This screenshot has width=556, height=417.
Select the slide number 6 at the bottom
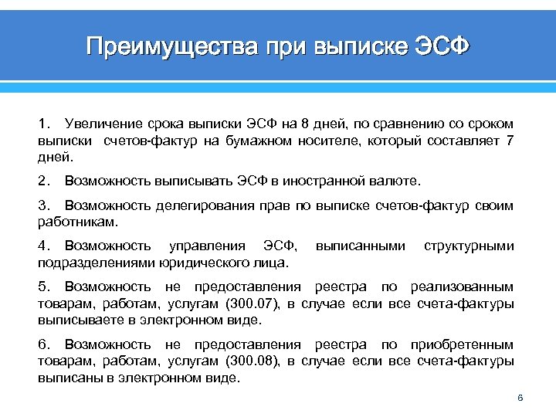point(520,398)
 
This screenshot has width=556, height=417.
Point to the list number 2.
point(42,181)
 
